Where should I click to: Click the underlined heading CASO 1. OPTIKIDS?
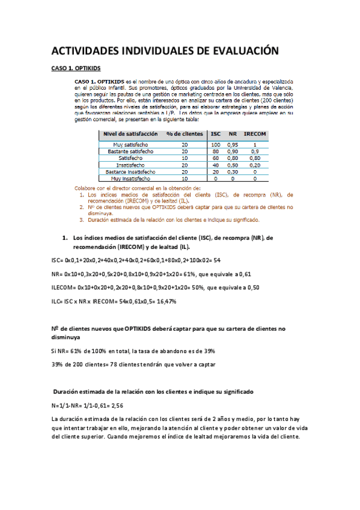pyautogui.click(x=75, y=69)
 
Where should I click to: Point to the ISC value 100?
pyautogui.click(x=215, y=145)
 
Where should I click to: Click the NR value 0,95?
pyautogui.click(x=232, y=145)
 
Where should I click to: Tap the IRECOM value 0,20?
pyautogui.click(x=255, y=165)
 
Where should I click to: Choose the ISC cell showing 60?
pyautogui.click(x=215, y=158)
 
